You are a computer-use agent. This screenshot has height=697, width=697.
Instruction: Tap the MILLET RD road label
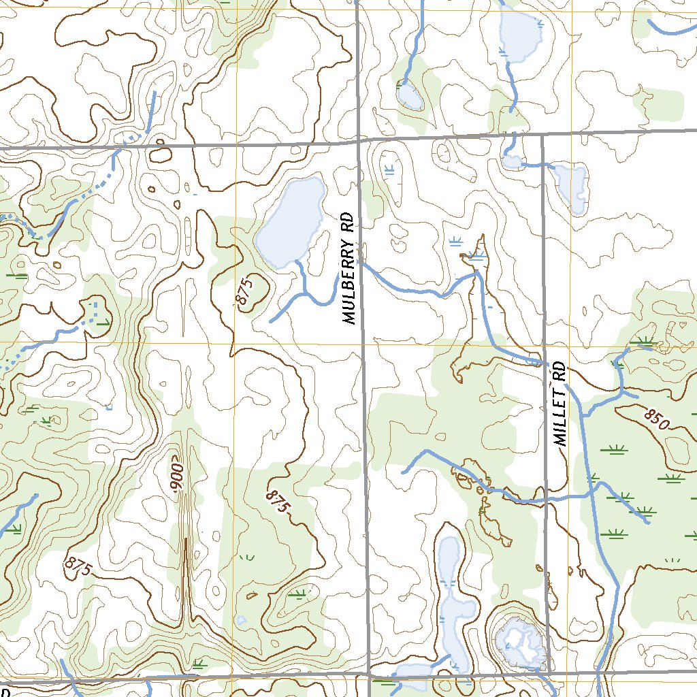tap(560, 404)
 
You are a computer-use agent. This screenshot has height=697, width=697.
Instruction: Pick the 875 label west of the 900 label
tap(79, 568)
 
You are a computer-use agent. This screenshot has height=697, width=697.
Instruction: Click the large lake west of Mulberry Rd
tap(291, 222)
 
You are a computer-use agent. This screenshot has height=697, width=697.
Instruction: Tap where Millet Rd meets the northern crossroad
tap(542, 135)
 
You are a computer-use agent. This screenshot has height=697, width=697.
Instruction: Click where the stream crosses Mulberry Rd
tap(359, 263)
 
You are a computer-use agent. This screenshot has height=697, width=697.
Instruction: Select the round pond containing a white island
tap(521, 643)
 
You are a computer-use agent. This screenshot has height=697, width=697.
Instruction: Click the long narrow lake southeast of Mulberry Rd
tap(451, 592)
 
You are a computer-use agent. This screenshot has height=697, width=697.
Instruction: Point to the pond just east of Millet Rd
tap(570, 184)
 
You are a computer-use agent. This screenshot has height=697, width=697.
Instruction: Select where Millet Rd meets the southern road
tap(549, 673)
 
